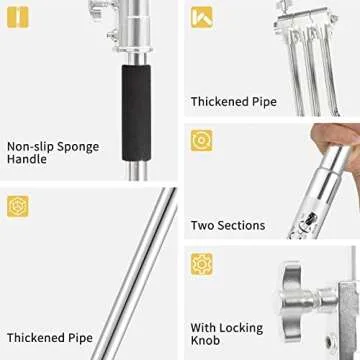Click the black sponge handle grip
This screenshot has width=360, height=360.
pyautogui.click(x=136, y=113)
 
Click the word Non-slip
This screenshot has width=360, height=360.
pyautogui.click(x=29, y=147)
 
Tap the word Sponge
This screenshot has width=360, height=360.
pyautogui.click(x=78, y=148)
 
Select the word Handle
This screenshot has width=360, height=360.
pyautogui.click(x=27, y=159)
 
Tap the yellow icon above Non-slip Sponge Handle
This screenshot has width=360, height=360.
pyautogui.click(x=18, y=17)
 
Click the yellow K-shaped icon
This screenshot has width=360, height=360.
pyautogui.click(x=202, y=17)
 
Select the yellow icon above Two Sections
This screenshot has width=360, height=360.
pyautogui.click(x=202, y=140)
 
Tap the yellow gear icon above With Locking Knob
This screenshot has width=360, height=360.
pyautogui.click(x=202, y=264)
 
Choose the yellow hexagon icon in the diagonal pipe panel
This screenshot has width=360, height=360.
pyautogui.click(x=18, y=207)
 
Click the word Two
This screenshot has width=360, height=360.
pyautogui.click(x=202, y=226)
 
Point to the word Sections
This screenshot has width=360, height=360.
pyautogui.click(x=241, y=226)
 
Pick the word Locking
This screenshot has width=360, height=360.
pyautogui.click(x=240, y=329)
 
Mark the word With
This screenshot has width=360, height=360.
pyautogui.click(x=202, y=328)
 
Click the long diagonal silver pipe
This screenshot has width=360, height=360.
pyautogui.click(x=134, y=273)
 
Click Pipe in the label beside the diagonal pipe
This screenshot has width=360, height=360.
pyautogui.click(x=81, y=338)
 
